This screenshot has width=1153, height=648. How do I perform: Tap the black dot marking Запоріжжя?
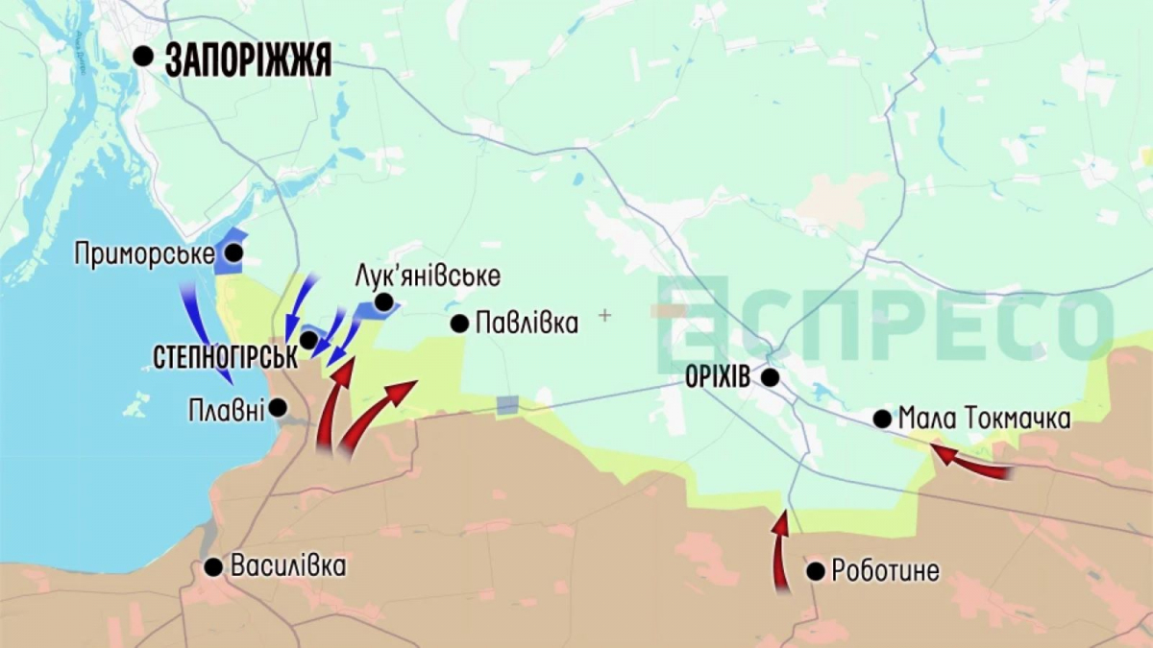click(143, 57)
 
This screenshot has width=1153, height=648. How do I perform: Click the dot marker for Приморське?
click(233, 254)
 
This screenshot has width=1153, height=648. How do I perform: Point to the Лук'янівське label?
click(427, 276)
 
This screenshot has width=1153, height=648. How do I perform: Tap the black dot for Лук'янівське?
click(383, 302)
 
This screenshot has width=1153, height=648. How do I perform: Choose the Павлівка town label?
click(527, 323)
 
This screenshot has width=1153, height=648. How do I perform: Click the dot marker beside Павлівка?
click(459, 324)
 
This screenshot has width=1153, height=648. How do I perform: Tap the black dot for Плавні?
click(279, 407)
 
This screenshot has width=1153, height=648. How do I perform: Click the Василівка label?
click(288, 565)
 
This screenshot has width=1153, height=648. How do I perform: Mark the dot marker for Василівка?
click(213, 567)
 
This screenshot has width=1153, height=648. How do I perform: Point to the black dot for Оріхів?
click(770, 377)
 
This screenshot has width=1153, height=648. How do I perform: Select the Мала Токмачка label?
click(984, 419)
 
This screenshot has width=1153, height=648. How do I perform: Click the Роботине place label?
click(886, 572)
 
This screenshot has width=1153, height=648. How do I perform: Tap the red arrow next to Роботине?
click(781, 552)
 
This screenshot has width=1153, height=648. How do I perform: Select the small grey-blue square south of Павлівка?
click(507, 405)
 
